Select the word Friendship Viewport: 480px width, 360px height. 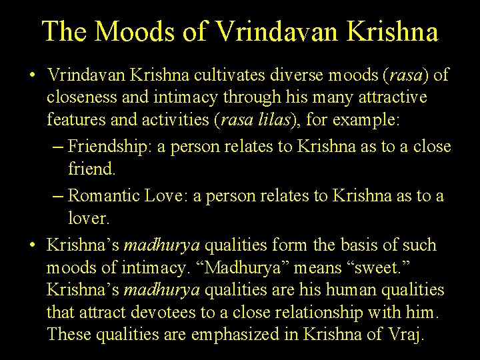click(x=109, y=147)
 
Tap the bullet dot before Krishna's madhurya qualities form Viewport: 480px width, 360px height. click(x=33, y=245)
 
